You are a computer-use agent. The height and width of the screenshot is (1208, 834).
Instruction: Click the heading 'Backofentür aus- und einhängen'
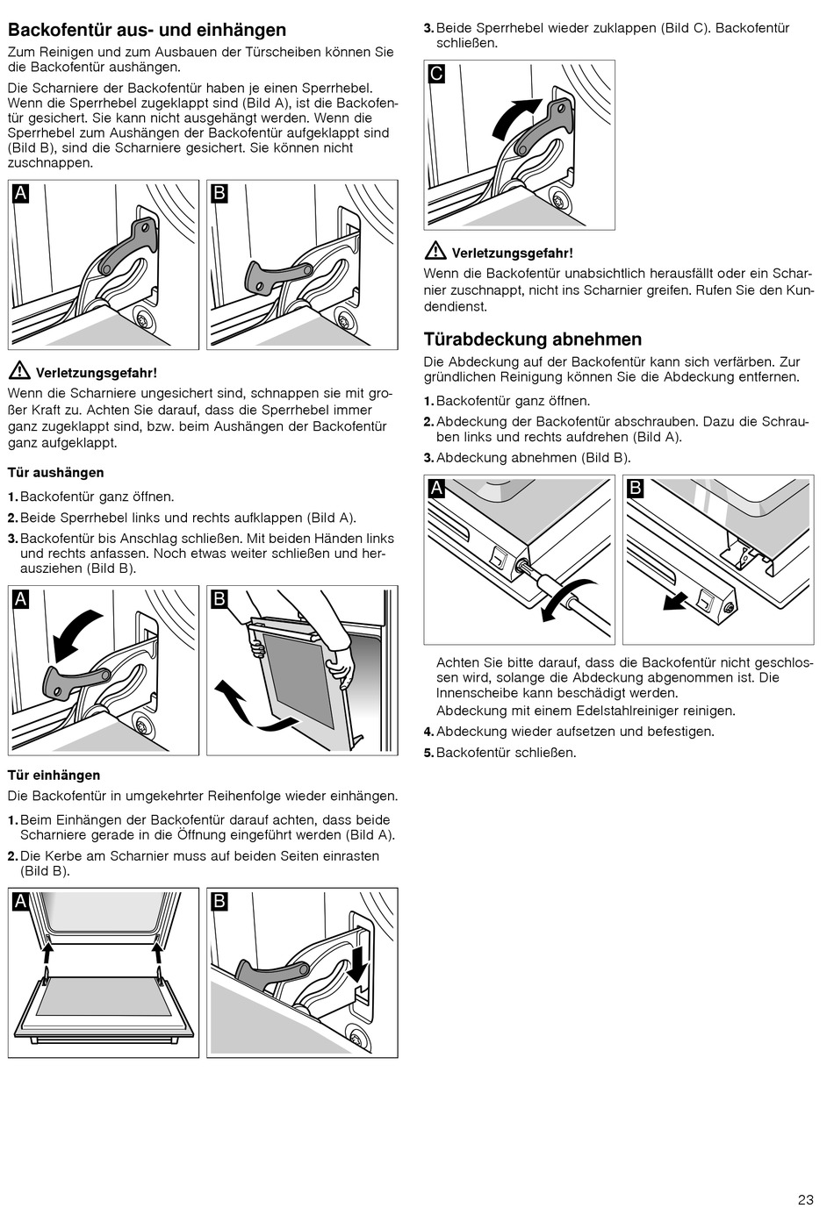tap(147, 31)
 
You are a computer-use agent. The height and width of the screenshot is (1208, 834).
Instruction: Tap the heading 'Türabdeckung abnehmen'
tap(532, 340)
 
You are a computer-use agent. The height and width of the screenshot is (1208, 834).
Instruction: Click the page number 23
tap(806, 1199)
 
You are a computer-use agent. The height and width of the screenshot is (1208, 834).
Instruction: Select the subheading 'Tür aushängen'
tap(56, 473)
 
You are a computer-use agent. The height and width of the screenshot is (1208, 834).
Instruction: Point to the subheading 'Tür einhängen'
tap(54, 776)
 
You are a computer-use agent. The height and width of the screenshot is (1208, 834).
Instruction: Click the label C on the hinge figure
tap(436, 74)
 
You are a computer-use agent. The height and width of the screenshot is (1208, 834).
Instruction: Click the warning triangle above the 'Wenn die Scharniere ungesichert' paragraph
tap(18, 371)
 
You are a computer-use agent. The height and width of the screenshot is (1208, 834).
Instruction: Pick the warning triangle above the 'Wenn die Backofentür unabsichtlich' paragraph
tap(435, 252)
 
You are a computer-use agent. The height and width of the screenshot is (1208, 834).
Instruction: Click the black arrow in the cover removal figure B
tap(674, 601)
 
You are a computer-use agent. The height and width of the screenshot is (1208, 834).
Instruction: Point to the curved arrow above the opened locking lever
tap(75, 635)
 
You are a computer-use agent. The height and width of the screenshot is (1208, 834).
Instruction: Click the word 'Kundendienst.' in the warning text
tap(456, 306)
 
